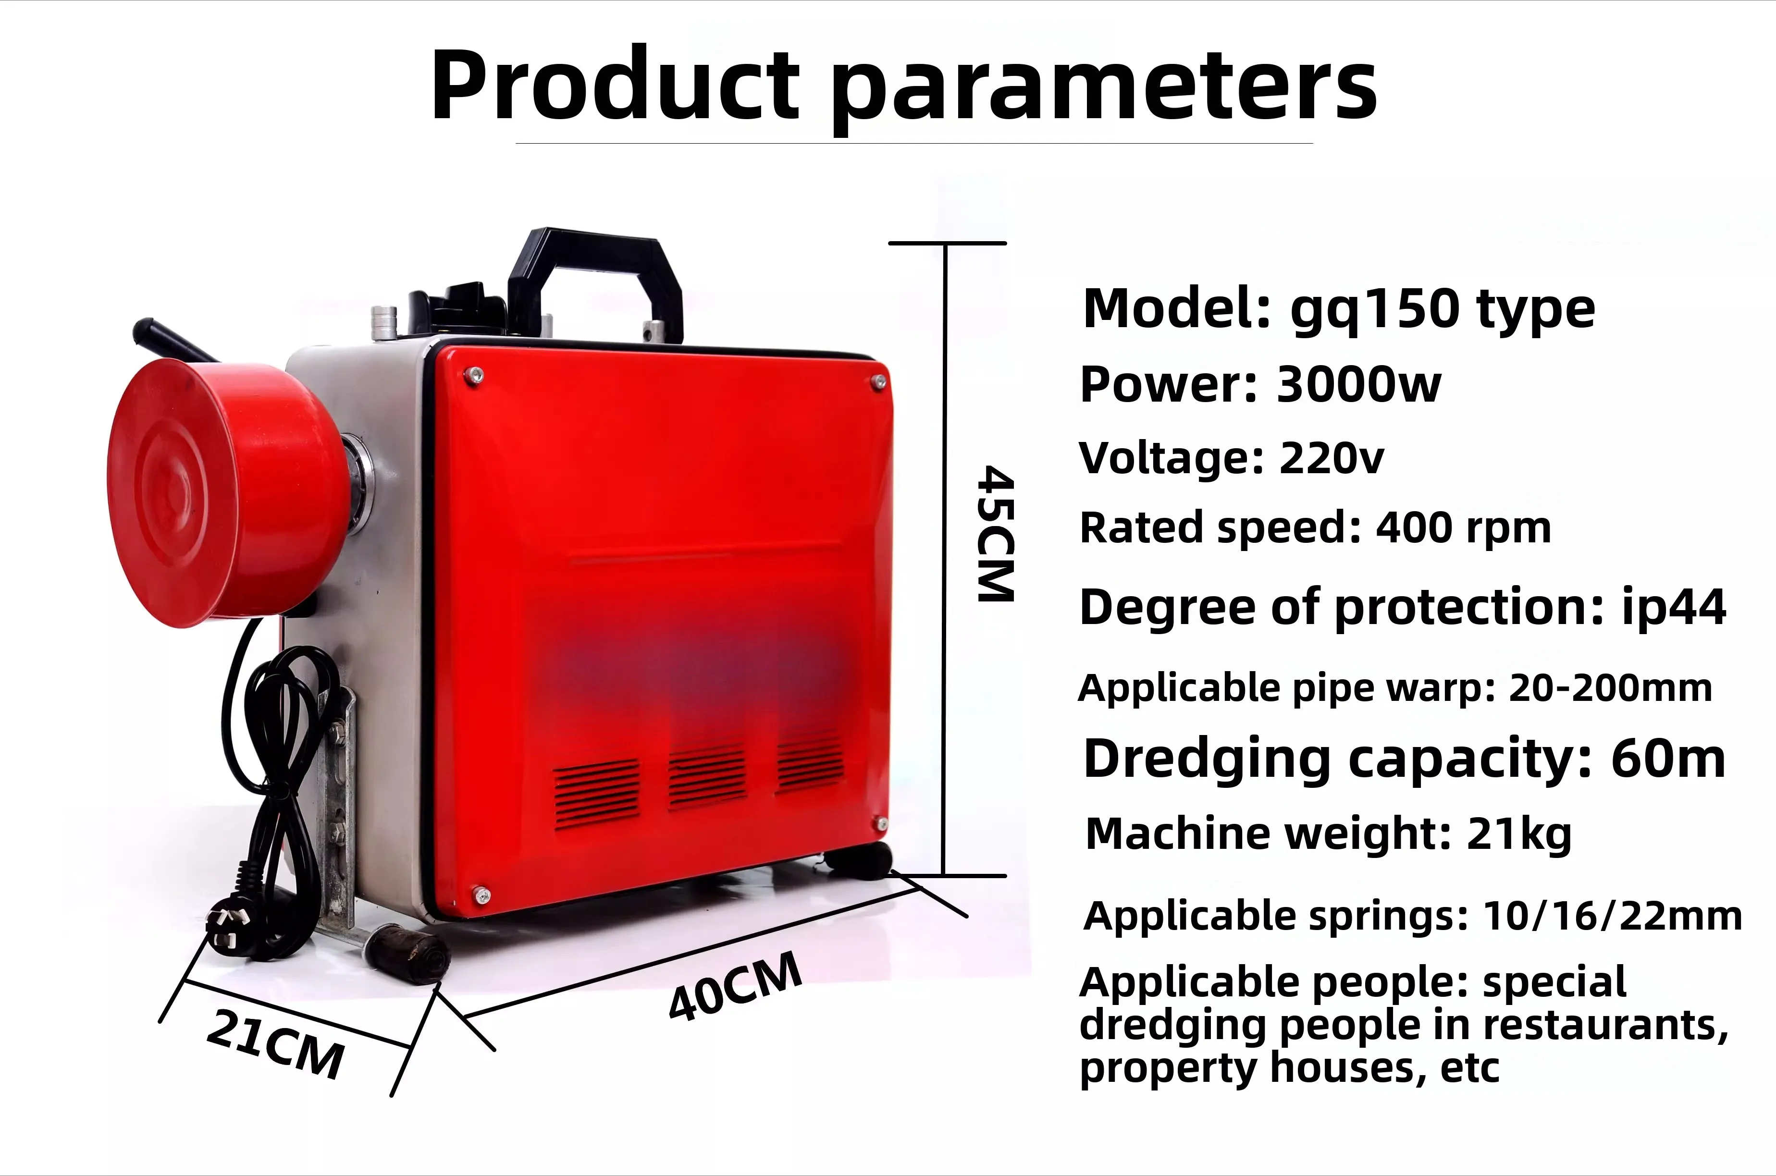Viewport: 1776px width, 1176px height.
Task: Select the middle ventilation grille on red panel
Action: pos(706,776)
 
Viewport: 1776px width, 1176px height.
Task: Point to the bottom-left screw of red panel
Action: pos(480,893)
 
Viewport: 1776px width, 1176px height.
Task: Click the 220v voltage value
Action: pos(1331,457)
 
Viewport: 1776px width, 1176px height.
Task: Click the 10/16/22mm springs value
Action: pos(1613,916)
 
